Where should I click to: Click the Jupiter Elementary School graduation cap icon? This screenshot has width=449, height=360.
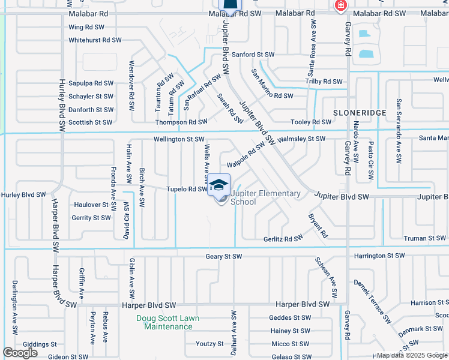[219, 184]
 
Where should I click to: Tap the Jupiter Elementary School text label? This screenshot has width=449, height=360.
[265, 197]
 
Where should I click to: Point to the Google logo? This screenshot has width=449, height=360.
[20, 353]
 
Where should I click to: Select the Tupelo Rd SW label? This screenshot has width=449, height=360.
[186, 189]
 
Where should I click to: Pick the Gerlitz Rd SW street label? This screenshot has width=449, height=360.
[283, 239]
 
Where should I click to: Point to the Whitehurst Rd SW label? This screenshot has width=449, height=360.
[95, 40]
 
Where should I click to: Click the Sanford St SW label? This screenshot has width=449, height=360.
[253, 55]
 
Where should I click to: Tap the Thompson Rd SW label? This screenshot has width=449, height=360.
[181, 122]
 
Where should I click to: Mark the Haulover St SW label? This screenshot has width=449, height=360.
[95, 205]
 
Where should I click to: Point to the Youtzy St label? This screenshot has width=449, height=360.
[209, 344]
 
